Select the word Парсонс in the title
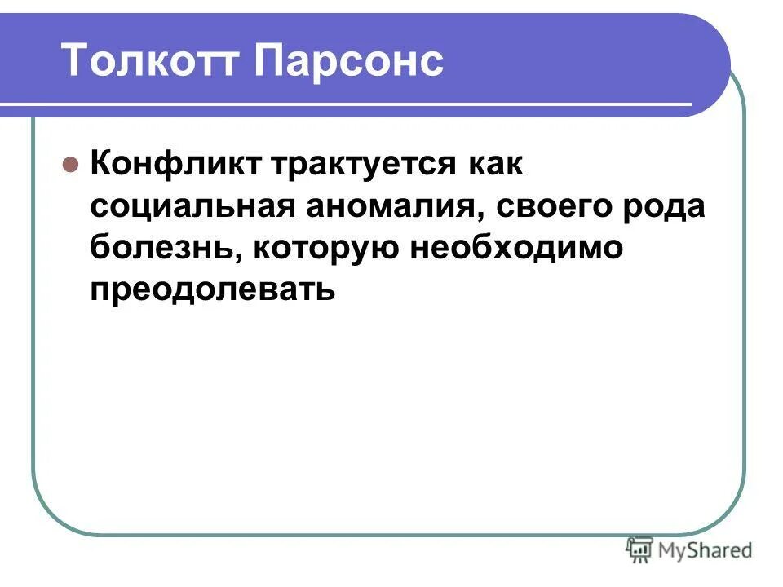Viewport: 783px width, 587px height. point(349,61)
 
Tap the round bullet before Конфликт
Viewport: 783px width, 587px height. point(70,164)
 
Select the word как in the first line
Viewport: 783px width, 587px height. point(493,164)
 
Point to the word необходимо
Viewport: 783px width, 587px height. point(515,249)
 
